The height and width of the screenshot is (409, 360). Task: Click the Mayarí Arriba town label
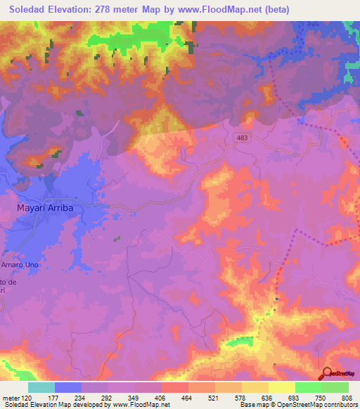[50, 208]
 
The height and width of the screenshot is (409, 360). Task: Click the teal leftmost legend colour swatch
[41, 387]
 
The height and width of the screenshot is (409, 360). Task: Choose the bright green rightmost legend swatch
[335, 387]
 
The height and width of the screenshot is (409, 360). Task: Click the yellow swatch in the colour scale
[281, 387]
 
